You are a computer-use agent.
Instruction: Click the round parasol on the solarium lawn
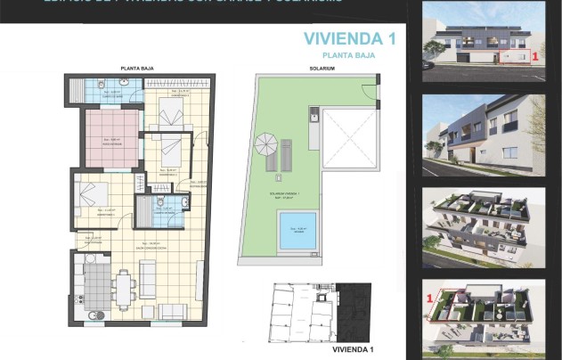pos(266,143)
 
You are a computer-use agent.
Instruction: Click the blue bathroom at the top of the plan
pos(105,91)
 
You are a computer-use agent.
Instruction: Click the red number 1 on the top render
pos(534,56)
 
